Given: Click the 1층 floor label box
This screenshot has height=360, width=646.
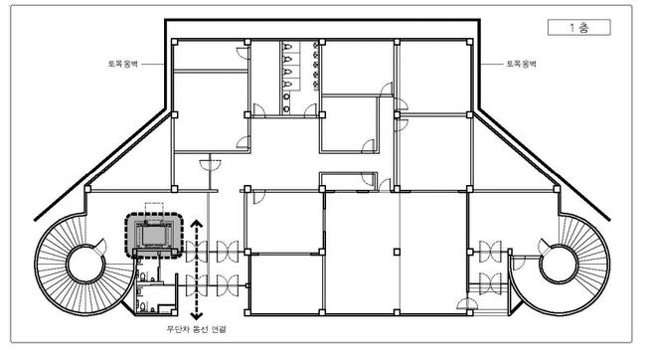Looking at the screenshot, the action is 578,28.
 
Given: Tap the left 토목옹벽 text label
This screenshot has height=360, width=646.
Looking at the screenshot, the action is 123,64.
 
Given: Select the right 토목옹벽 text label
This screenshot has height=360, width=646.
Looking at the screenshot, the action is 521,64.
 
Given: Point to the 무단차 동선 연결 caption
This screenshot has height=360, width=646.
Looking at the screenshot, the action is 196,329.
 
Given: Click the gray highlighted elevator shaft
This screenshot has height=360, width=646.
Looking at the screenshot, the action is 154,236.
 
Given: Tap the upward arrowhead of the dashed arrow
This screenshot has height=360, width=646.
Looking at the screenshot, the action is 197,224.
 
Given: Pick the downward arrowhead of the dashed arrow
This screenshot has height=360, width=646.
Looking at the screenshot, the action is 197,316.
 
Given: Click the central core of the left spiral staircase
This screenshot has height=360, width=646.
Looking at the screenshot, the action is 85,265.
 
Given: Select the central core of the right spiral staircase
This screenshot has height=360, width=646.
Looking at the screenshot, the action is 560,265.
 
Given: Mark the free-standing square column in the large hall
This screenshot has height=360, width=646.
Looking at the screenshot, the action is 397,252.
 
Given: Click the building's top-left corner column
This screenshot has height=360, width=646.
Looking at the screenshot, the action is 174,42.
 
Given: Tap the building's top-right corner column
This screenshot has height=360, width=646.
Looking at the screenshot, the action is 470,42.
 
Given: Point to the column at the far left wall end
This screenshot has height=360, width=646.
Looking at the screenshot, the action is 87,189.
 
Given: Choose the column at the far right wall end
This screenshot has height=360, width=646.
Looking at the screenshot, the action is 557,189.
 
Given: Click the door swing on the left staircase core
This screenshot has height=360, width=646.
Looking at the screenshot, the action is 101,247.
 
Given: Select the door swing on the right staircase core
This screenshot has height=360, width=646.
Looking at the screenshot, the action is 545,247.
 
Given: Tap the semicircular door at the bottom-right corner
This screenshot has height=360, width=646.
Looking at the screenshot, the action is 468,304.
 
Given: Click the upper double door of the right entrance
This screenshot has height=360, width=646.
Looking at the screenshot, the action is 490,252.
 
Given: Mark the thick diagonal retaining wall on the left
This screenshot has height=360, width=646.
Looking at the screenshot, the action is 100,164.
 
